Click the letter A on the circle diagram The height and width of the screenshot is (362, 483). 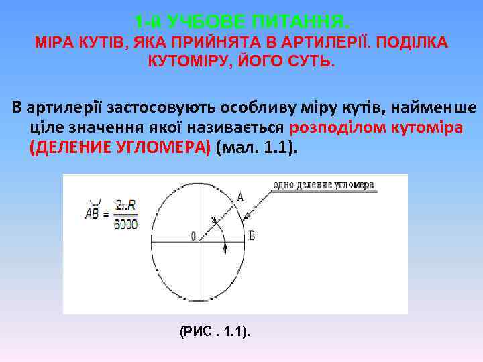240,196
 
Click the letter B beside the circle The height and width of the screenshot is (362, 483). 252,235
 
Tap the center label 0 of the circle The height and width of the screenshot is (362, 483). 193,236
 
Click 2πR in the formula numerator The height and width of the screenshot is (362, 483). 125,204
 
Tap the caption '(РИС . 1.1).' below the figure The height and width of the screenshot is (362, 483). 215,331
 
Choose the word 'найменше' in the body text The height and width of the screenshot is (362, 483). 438,107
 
